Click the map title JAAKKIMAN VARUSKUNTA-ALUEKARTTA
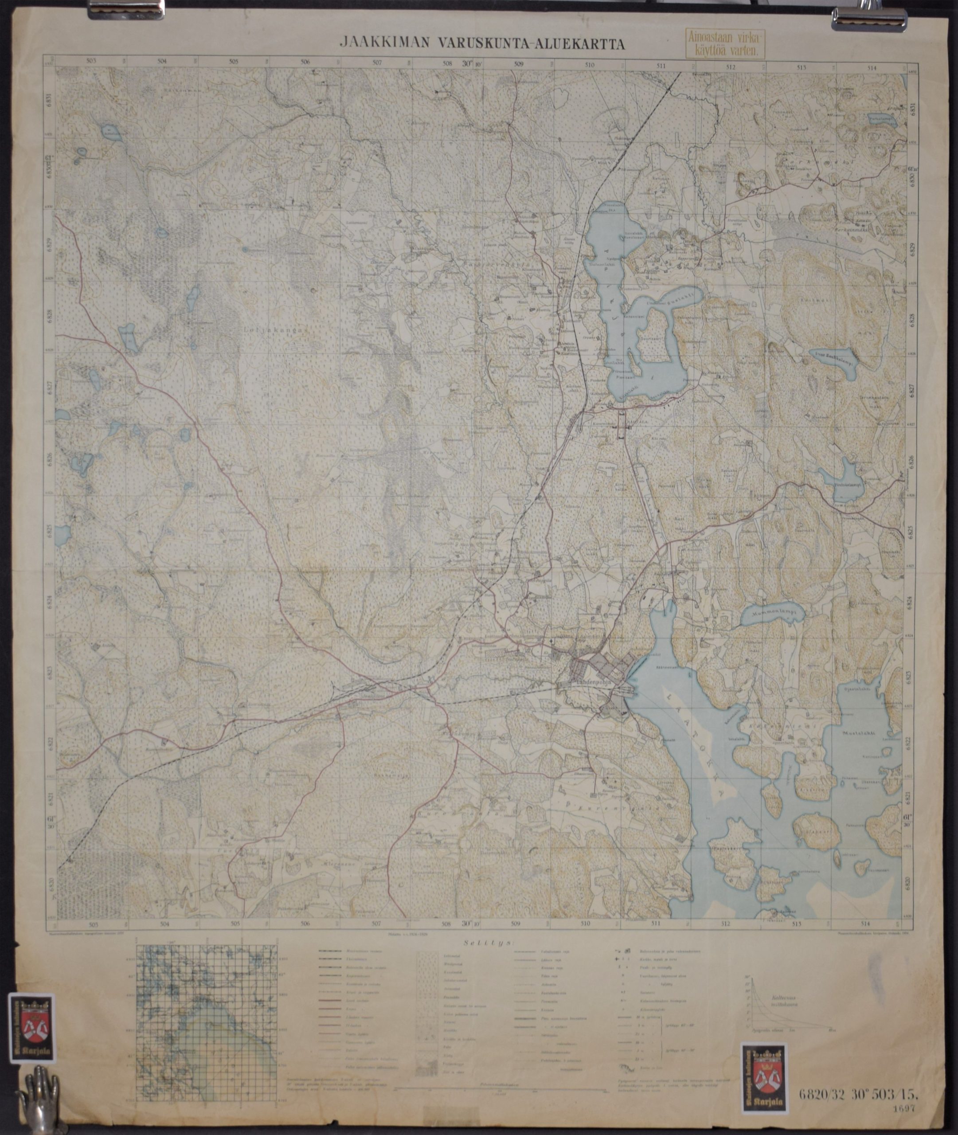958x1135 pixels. (481, 43)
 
